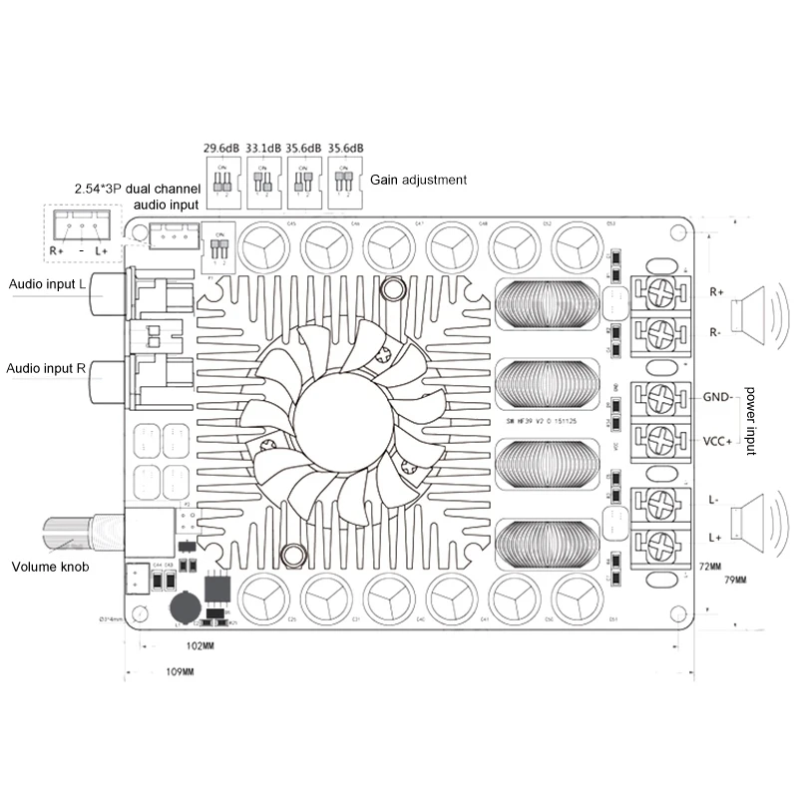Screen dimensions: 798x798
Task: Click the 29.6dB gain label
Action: pos(221,148)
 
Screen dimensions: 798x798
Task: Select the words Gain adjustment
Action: pos(418,181)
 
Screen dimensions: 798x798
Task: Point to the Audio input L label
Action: pos(47,285)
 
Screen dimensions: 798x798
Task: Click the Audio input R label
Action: pos(47,368)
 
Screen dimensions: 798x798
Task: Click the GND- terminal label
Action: pos(718,396)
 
